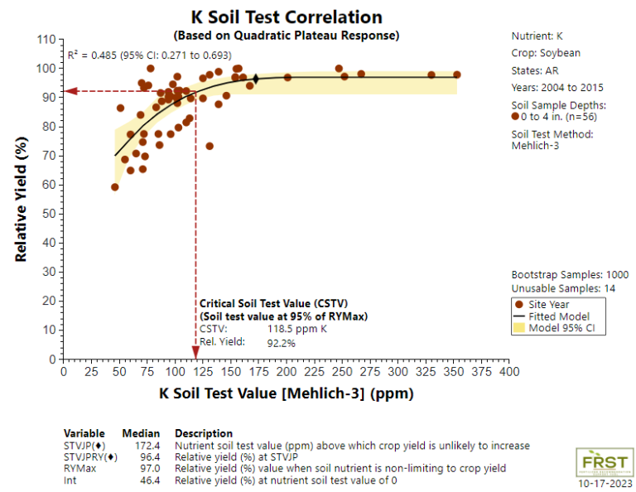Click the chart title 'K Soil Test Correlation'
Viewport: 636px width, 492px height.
(x=286, y=17)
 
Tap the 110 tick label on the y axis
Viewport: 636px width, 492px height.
(x=46, y=40)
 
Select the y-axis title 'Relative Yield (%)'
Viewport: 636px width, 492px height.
(x=22, y=200)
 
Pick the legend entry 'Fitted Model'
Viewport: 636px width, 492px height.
(x=558, y=316)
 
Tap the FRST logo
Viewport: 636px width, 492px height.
(x=605, y=462)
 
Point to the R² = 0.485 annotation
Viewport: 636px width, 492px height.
(x=149, y=55)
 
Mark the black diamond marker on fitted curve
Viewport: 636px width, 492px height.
(x=255, y=79)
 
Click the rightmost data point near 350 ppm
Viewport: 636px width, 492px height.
(x=456, y=75)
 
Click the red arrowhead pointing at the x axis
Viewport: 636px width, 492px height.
(x=195, y=356)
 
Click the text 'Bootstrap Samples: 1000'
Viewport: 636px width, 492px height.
(x=570, y=275)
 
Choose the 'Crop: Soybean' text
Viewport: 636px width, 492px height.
(x=546, y=53)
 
